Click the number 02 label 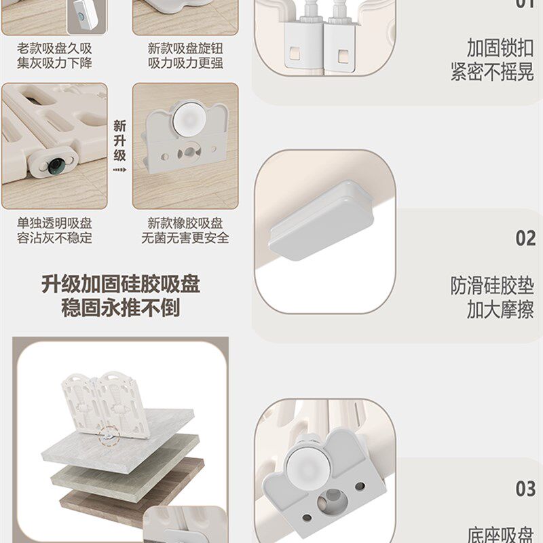tap(525, 238)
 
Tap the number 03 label tap(525, 489)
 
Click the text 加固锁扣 tap(500, 48)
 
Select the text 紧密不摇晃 tap(492, 73)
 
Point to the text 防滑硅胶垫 tap(492, 286)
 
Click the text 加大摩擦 tap(500, 310)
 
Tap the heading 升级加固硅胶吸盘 tap(121, 284)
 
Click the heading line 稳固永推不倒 tap(121, 309)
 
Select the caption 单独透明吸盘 tap(54, 223)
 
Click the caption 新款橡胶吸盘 tap(185, 223)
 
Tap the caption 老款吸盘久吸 tap(54, 49)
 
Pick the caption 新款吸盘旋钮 tap(185, 49)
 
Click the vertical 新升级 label tap(119, 141)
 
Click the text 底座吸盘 tap(500, 534)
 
